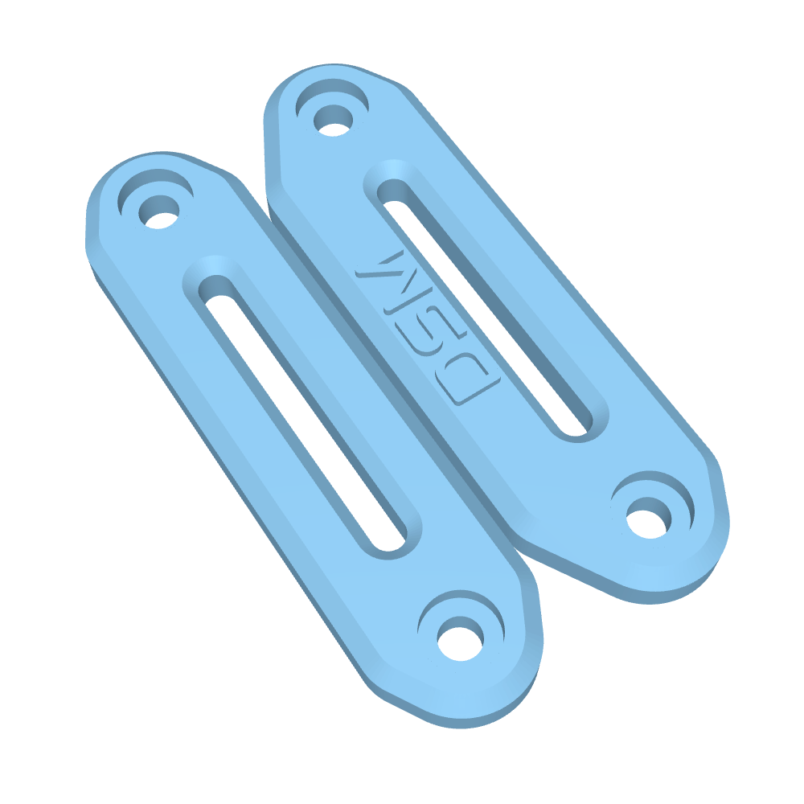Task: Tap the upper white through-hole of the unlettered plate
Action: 159,211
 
